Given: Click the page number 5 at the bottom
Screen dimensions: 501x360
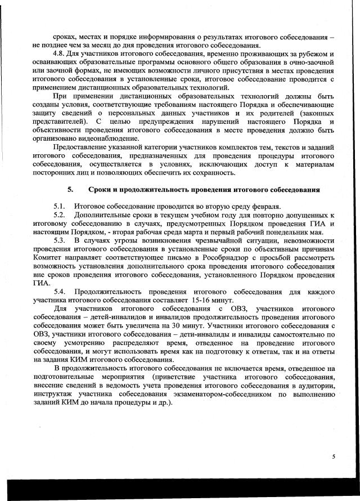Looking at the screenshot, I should pyautogui.click(x=334, y=457).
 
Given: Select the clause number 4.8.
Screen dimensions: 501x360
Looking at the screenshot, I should pyautogui.click(x=61, y=53).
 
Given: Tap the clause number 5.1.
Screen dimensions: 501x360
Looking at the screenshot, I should pyautogui.click(x=61, y=207).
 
